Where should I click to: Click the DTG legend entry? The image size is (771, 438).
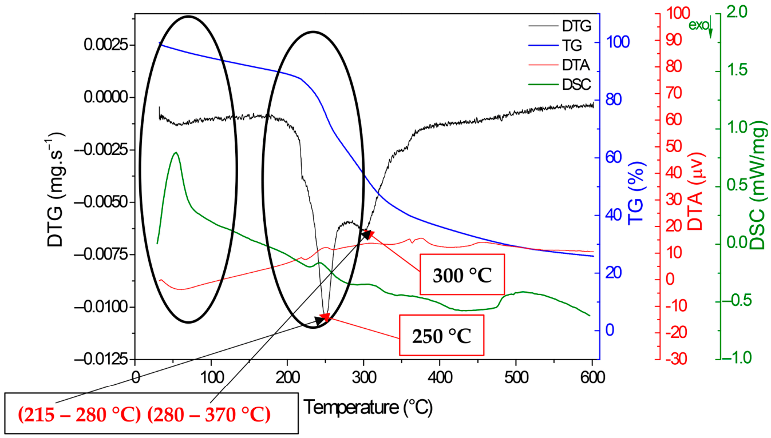560,26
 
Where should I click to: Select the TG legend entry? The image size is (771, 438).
555,45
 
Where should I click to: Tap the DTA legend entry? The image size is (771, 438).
559,65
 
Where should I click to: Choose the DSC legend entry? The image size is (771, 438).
560,84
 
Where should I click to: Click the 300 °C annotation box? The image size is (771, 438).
462,274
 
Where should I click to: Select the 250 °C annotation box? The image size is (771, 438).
442,335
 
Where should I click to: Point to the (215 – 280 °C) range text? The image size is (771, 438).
80,415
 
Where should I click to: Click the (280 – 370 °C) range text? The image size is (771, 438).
209,415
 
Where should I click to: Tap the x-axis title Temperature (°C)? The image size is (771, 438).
367,407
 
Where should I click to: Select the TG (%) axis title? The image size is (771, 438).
636,194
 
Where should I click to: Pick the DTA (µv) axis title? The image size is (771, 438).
695,192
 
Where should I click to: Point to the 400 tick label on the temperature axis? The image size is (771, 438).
440,377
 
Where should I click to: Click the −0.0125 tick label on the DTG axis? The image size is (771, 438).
105,359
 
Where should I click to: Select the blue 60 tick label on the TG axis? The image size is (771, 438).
614,157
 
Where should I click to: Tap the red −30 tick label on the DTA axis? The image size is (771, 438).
675,359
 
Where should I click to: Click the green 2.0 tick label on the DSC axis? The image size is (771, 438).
737,13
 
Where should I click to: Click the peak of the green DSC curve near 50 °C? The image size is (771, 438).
176,152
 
